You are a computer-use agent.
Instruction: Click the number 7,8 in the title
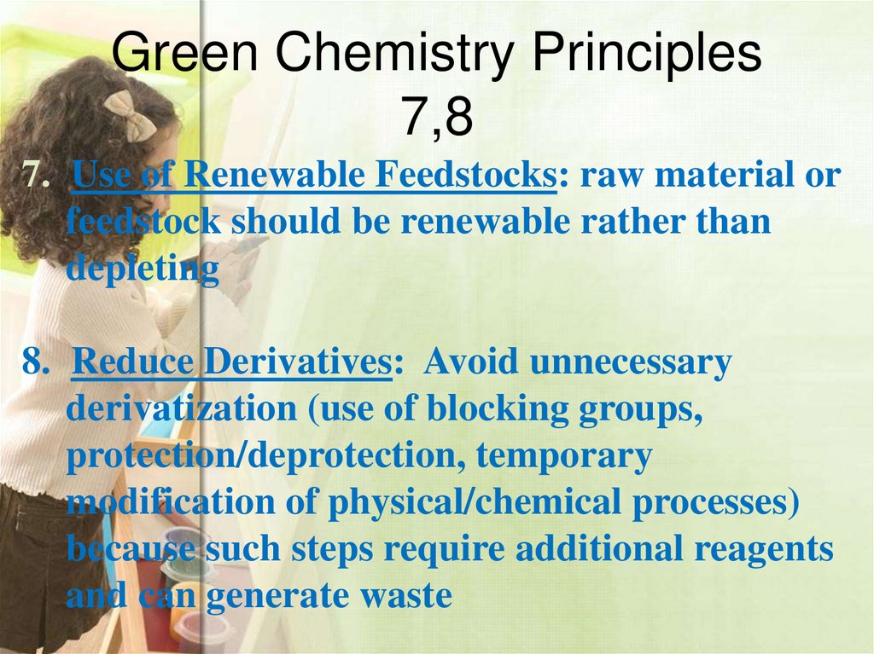[x=437, y=118]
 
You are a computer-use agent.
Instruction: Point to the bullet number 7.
[x=35, y=176]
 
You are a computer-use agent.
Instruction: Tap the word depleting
[x=143, y=269]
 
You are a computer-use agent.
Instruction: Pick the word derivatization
[x=180, y=410]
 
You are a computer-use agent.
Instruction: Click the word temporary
[x=564, y=457]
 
